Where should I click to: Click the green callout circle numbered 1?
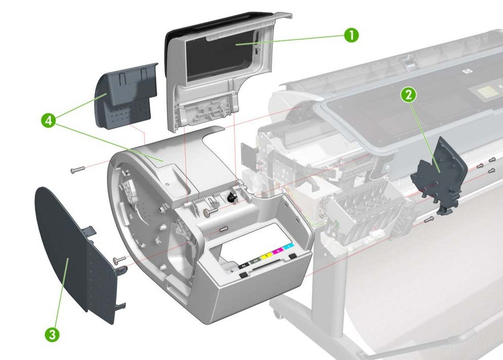[x=351, y=35]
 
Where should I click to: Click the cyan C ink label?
[x=288, y=246]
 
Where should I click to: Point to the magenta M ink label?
[x=278, y=250]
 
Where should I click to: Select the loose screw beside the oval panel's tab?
[x=119, y=260]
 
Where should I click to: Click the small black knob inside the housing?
[x=232, y=198]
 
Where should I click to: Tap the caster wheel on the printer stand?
[x=276, y=314]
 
